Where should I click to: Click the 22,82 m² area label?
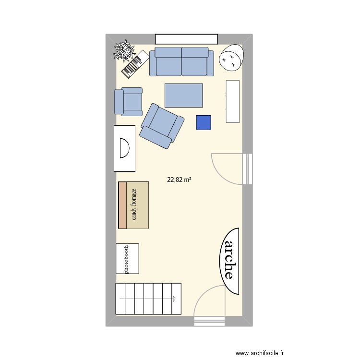click(x=179, y=180)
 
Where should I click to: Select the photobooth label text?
click(x=127, y=259)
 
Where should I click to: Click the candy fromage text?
click(x=134, y=205)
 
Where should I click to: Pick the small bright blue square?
click(x=204, y=122)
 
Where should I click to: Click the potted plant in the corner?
click(x=123, y=51)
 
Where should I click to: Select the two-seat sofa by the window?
click(x=181, y=62)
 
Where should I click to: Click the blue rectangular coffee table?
click(x=184, y=95)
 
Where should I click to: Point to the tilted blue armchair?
click(x=162, y=126)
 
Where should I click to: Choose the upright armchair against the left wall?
click(x=128, y=101)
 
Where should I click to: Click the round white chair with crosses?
click(x=231, y=57)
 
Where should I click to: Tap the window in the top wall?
click(x=186, y=39)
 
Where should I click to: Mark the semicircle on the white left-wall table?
click(x=124, y=148)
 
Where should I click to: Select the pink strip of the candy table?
click(x=122, y=205)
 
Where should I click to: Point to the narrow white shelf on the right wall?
click(x=232, y=101)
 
